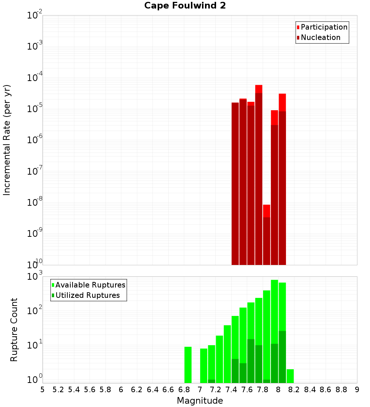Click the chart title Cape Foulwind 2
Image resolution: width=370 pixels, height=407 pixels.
[185, 6]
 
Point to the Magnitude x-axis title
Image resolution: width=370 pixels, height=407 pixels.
[200, 401]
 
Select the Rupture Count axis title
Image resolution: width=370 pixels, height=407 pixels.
[14, 330]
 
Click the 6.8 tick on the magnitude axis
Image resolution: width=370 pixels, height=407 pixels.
[184, 390]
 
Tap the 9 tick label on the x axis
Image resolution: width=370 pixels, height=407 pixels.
[357, 390]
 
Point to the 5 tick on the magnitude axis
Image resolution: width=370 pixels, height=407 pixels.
[43, 390]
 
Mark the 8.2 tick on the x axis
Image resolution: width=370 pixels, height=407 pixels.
[294, 390]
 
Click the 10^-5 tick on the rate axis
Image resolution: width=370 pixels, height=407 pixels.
[35, 109]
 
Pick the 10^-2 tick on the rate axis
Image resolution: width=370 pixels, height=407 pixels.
[35, 16]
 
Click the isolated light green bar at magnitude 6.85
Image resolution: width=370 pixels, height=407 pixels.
[188, 364]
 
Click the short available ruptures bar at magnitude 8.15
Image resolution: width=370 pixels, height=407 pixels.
[290, 376]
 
